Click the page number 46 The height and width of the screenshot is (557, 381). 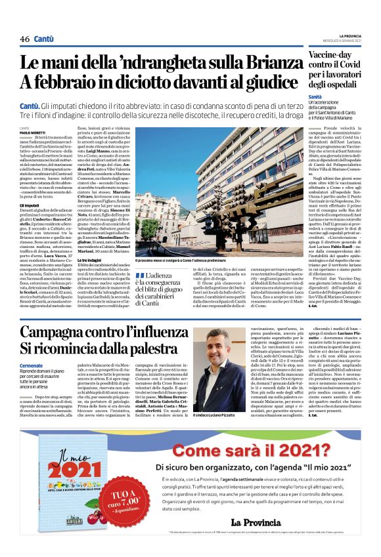click(x=25, y=39)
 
